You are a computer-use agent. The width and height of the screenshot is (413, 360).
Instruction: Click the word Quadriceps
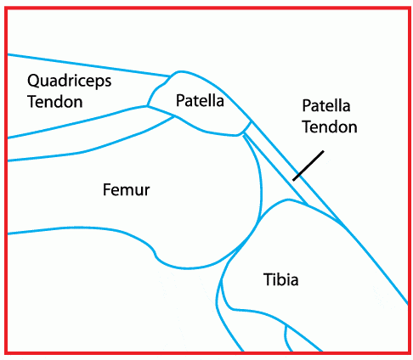[x=70, y=82]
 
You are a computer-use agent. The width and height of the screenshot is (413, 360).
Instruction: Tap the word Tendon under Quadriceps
[x=55, y=102]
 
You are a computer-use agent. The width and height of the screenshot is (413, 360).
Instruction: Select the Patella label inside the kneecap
[x=200, y=100]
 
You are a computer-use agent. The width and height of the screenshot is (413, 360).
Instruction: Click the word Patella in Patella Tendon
[x=326, y=106]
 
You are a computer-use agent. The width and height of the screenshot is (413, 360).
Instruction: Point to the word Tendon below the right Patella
[x=330, y=127]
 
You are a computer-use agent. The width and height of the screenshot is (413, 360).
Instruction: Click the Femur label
[x=126, y=189]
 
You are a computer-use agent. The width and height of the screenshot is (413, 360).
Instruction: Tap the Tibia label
[x=281, y=279]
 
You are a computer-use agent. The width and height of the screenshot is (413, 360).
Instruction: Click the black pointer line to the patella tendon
[x=308, y=166]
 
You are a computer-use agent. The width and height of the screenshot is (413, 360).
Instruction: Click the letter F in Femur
[x=107, y=189]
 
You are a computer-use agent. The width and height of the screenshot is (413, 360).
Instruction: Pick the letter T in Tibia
[x=269, y=279]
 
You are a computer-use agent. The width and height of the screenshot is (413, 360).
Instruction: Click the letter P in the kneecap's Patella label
[x=180, y=101]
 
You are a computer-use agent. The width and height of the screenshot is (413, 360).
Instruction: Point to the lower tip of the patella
[x=239, y=135]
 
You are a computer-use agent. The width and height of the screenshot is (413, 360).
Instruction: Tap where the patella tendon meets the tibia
[x=338, y=222]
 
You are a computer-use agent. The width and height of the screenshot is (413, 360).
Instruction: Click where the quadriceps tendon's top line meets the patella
[x=170, y=76]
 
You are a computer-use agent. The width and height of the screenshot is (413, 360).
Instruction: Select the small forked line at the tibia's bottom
[x=287, y=337]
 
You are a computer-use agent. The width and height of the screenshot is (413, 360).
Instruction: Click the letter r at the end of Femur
[x=147, y=192]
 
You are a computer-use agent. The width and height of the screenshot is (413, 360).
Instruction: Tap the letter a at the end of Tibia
[x=294, y=281]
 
